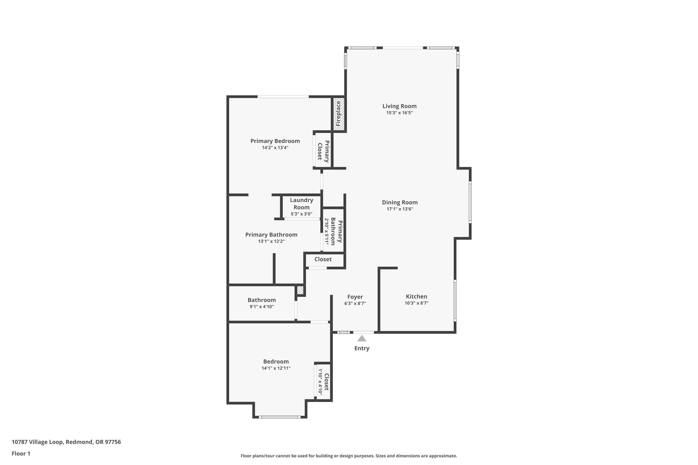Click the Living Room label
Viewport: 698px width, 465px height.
coord(399,106)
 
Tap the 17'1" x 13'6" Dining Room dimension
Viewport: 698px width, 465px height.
coord(399,209)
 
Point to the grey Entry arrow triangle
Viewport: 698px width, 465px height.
coord(362,338)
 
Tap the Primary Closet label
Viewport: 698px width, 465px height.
coord(323,151)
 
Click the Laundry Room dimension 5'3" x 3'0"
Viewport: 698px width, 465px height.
coord(301,214)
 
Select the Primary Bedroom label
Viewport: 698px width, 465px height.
coord(275,141)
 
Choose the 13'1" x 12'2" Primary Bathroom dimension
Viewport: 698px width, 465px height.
coord(271,241)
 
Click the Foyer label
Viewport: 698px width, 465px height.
coord(355,297)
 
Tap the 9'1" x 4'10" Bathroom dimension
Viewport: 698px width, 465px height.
coord(262,307)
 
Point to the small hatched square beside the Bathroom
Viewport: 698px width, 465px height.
coord(300,290)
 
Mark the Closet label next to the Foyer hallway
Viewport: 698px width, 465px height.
coord(323,259)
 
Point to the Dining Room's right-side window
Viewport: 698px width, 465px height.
coord(470,202)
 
